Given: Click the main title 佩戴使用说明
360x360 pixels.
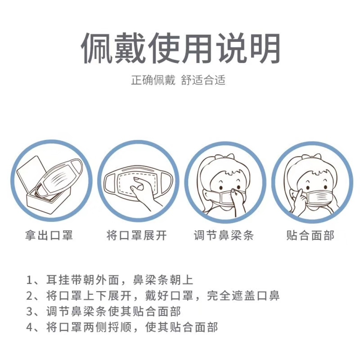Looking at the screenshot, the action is point(180,48).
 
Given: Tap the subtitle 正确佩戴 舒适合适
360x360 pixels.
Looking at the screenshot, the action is point(178,80).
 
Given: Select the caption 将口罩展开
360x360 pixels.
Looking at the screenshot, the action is point(137,235).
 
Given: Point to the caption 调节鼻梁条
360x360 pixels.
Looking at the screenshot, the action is point(224,235).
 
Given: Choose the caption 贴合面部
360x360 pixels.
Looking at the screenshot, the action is point(310,235).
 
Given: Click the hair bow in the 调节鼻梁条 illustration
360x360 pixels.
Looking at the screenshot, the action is point(225,158).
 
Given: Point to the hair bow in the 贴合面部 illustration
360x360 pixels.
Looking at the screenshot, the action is point(311,158).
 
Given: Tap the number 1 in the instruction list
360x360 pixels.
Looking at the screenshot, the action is point(30,280).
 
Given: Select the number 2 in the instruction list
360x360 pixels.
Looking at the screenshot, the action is point(30,296).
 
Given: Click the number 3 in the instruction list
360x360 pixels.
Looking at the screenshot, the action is point(30,311).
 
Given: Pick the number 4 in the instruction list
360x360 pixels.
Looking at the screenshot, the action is point(30,327).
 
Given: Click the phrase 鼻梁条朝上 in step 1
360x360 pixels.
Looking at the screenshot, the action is point(163,280).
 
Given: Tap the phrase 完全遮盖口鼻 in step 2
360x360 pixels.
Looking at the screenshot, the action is point(243,296).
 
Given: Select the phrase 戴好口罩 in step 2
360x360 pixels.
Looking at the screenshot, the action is point(169,296).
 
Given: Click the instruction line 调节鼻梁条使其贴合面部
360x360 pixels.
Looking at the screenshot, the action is point(114,311).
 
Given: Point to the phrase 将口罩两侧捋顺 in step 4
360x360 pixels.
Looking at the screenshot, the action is point(89,327).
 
